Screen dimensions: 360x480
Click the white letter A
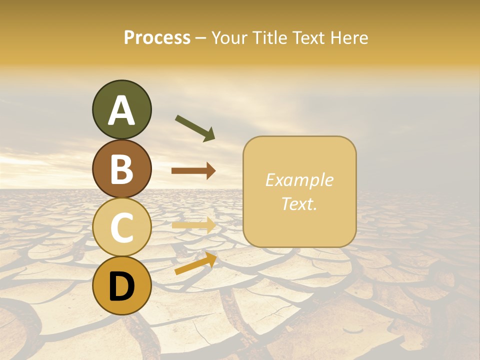coord(121,110)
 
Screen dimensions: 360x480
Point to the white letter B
coord(121,169)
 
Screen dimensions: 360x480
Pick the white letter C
coord(121,227)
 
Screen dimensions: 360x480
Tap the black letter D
coord(121,285)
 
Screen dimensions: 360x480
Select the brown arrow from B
coord(193,171)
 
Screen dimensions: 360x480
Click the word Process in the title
coord(157,38)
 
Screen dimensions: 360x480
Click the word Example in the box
coord(299,180)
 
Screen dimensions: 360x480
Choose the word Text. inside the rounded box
coord(299,203)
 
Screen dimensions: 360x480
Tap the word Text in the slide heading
coord(309,38)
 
